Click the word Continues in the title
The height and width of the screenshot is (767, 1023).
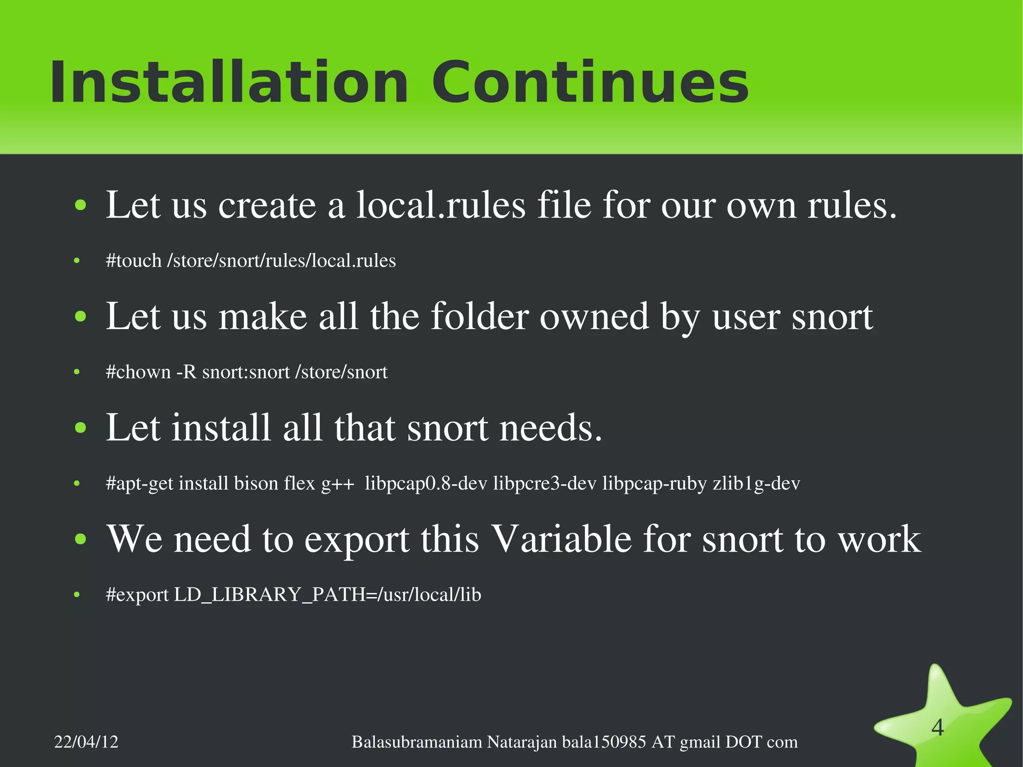pos(590,82)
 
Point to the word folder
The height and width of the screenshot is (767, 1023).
pos(479,317)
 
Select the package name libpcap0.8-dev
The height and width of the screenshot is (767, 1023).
pos(426,484)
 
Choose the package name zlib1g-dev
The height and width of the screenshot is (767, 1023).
pos(756,484)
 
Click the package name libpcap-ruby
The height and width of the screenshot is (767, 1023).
pos(654,484)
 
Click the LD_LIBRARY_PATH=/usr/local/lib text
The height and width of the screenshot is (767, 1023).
pos(327,595)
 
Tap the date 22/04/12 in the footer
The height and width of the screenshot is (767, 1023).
pos(86,742)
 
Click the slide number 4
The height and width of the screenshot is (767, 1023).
pos(938,728)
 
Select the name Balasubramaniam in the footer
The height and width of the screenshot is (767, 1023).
pos(417,742)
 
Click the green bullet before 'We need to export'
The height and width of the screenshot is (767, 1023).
pos(80,540)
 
